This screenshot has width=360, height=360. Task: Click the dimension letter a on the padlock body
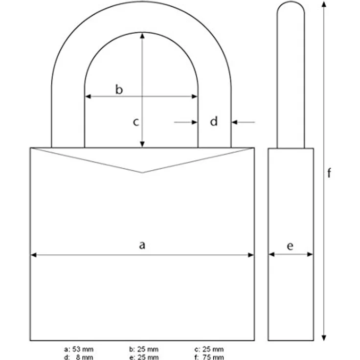tap(142, 246)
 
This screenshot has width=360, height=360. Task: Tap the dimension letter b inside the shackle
tap(119, 89)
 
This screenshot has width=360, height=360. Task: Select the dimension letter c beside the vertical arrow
tap(136, 122)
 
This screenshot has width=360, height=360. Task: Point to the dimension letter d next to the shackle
tap(214, 122)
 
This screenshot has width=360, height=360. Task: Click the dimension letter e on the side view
tap(291, 246)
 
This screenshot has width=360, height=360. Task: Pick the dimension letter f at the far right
tap(329, 173)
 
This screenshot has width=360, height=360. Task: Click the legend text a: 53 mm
tap(79, 349)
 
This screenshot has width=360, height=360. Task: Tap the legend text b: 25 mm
tap(144, 349)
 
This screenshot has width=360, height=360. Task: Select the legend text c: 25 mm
tap(209, 349)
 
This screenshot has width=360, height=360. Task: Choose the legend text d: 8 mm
tap(79, 357)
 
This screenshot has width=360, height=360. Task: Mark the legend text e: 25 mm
tap(144, 357)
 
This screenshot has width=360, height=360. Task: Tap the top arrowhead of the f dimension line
tap(323, 4)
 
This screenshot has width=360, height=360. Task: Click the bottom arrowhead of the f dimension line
tap(323, 337)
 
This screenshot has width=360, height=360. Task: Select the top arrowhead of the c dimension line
tap(142, 35)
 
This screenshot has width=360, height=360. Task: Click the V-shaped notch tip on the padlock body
tap(142, 172)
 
